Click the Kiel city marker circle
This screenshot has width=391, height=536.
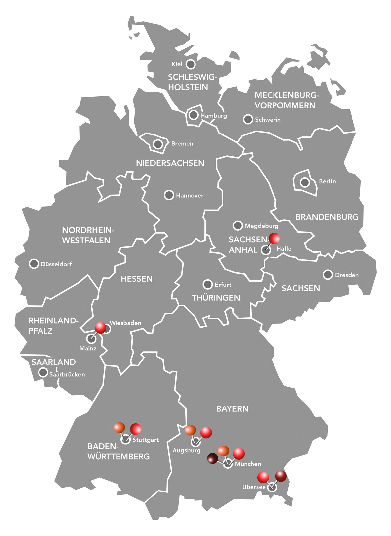190,64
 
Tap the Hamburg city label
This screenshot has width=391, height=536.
214,116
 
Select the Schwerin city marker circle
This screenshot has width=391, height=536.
248,119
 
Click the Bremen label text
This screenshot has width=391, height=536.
182,144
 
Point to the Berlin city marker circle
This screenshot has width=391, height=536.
305,182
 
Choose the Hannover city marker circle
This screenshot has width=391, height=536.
169,195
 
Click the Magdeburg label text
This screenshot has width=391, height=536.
262,226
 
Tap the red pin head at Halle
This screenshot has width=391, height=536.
274,238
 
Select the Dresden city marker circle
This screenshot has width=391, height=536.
328,275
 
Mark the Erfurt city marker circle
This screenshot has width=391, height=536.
208,284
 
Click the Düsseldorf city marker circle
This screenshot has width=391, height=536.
34,264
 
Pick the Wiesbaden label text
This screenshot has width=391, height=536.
125,323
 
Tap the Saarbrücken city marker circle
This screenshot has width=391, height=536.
43,372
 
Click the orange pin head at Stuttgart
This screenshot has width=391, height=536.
119,427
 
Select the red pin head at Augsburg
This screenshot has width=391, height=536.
206,432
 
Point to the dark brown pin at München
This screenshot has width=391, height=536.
212,459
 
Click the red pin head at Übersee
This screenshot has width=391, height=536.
263,477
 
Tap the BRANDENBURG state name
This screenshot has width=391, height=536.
327,217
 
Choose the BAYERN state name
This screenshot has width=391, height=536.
232,409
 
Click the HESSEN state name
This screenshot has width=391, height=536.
137,279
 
